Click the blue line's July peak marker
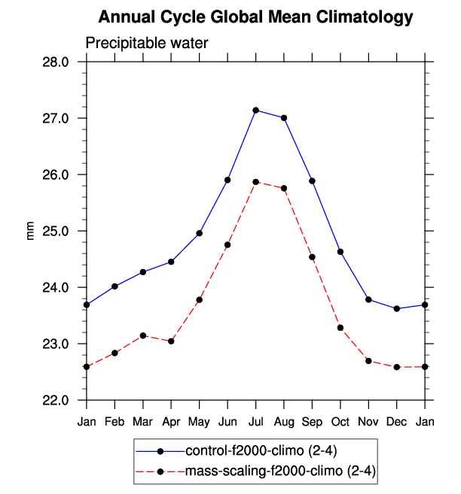coord(256,111)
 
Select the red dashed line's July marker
coord(256,182)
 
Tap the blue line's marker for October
coord(340,252)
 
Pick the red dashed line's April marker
coord(172,341)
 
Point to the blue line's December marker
coord(397,308)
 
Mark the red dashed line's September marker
coord(312,257)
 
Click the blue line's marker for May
coord(200,233)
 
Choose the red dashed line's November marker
coord(368,361)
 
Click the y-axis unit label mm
coord(31,232)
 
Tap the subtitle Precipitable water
coord(146,44)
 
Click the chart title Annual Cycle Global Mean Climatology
coord(256,17)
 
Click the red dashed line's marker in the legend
coord(160,472)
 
